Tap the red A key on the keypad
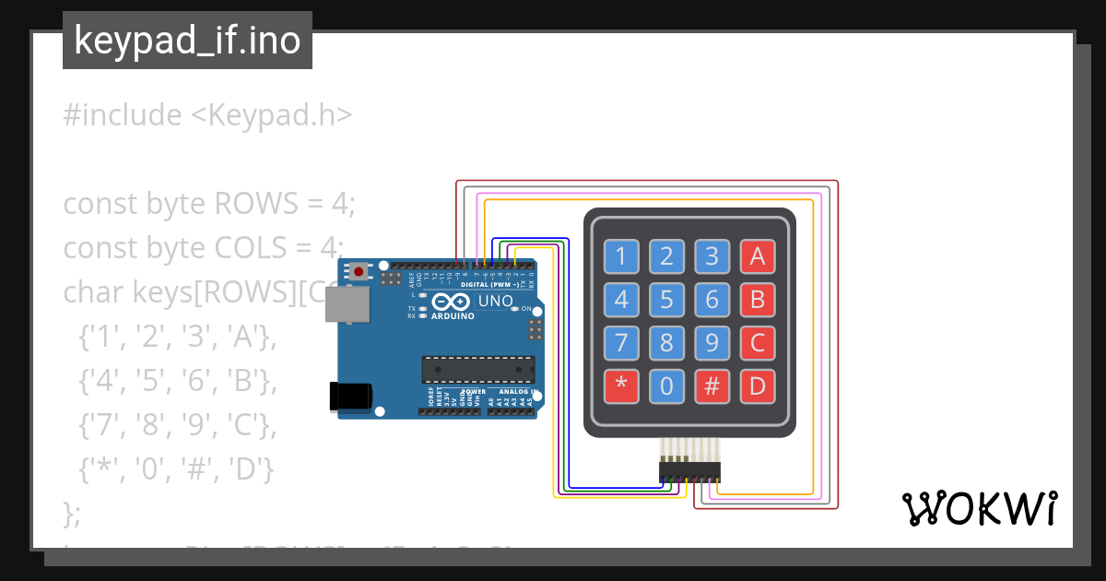758,256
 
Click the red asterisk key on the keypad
621,386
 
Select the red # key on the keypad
712,386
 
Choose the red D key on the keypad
758,386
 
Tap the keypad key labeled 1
621,256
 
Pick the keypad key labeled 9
712,343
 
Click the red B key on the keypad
758,300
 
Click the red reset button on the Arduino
358,271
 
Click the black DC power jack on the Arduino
350,397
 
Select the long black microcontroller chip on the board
477,368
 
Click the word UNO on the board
496,301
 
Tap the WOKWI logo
978,508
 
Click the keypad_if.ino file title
187,41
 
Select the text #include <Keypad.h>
207,115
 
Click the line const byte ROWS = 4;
208,203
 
